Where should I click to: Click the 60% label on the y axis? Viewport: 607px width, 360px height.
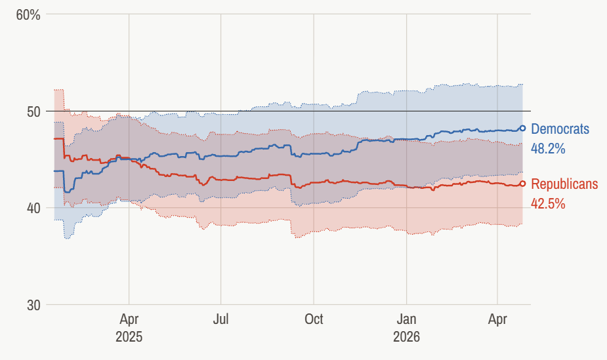(28, 14)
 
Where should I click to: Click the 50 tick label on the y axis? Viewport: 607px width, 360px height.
(33, 111)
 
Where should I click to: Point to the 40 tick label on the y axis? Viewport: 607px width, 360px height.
(33, 209)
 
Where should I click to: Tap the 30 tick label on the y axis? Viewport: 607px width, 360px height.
(33, 306)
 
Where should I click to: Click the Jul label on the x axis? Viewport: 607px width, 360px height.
(221, 319)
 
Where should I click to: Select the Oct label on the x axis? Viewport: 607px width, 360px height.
(314, 319)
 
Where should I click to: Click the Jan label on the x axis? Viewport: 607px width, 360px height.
(407, 319)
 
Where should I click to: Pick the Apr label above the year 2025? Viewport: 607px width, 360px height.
(129, 319)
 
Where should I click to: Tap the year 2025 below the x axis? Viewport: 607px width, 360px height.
(129, 337)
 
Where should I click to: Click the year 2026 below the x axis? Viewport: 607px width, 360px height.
(407, 337)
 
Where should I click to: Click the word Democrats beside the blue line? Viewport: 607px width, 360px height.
(560, 129)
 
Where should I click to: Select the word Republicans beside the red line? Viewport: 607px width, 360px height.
(564, 184)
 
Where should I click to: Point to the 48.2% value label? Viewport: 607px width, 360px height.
(548, 149)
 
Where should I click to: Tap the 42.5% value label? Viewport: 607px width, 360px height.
(548, 204)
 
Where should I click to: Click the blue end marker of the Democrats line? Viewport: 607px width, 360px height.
(523, 129)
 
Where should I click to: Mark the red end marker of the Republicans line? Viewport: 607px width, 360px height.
(523, 184)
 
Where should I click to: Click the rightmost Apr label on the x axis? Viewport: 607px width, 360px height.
(498, 319)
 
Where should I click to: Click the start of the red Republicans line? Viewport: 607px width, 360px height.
(54, 139)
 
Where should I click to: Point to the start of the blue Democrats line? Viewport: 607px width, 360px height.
(54, 171)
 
